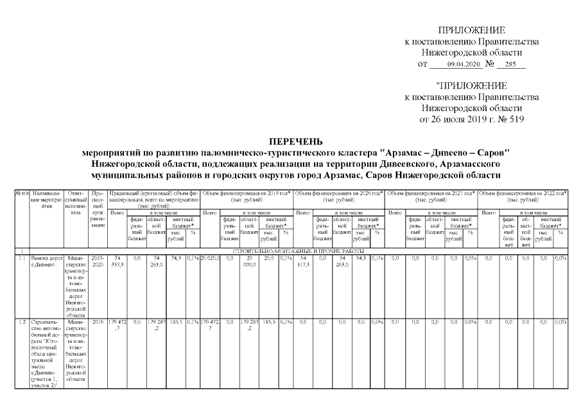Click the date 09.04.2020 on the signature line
point(459,65)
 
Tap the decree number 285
point(510,65)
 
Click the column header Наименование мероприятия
point(46,200)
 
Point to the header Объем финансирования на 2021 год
point(431,196)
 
